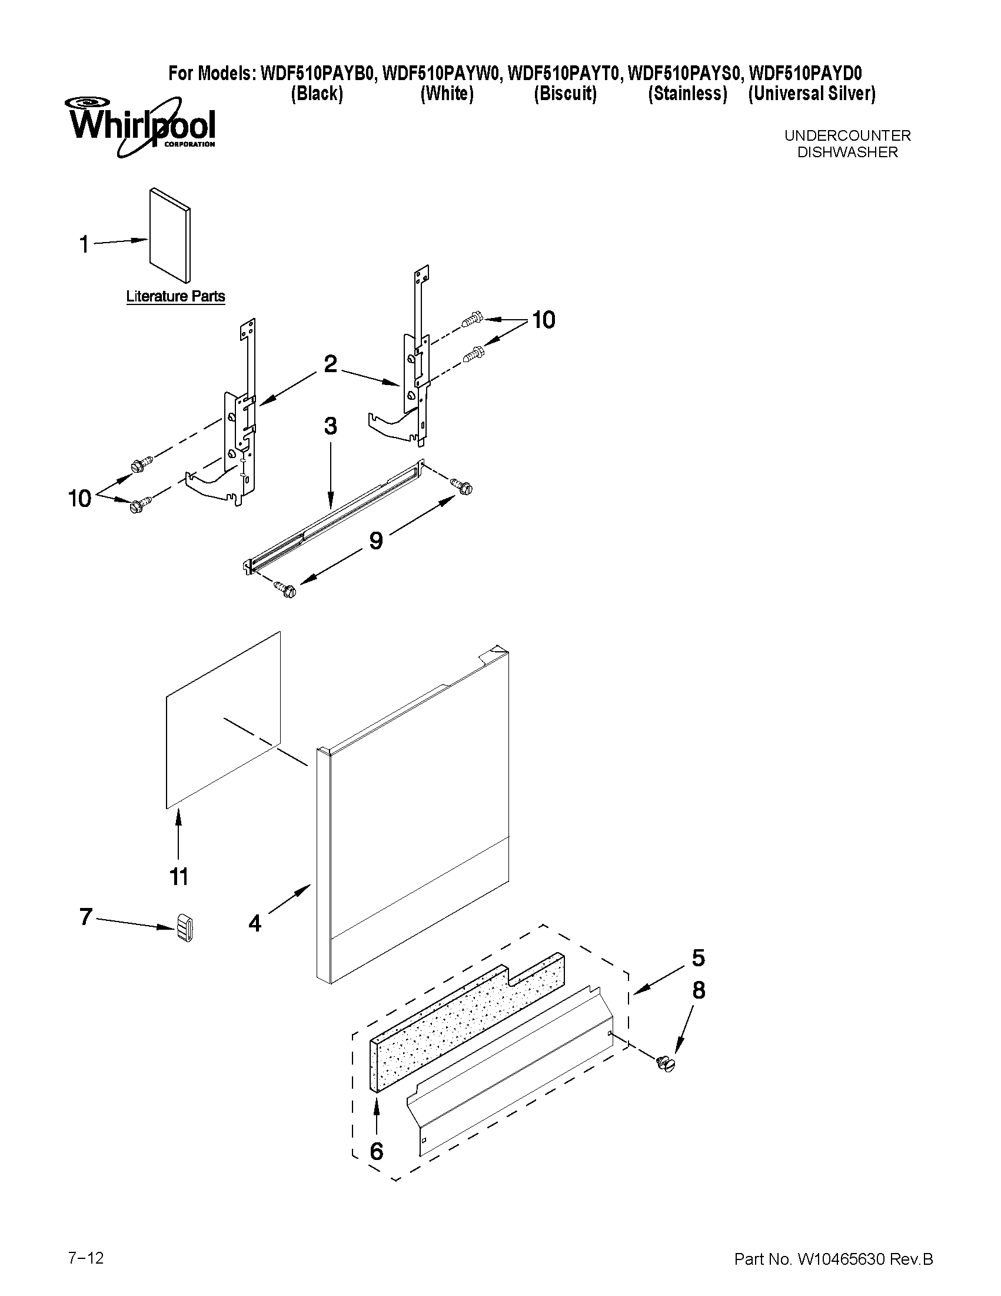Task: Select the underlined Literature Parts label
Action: [175, 296]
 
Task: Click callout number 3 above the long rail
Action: [330, 426]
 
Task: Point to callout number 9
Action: [376, 540]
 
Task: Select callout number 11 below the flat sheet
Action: [179, 876]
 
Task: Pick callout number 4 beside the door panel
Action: [254, 923]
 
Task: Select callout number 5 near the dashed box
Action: [698, 957]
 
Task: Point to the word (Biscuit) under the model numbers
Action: [564, 94]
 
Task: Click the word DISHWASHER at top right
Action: [847, 153]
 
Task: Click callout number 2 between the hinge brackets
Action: [330, 363]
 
